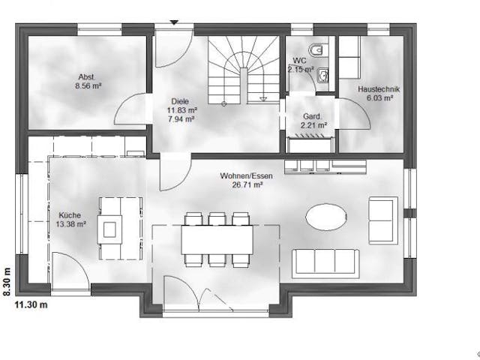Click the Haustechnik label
[x=379, y=88]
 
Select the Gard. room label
[x=312, y=116]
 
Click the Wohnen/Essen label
[x=246, y=175]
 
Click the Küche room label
[x=71, y=214]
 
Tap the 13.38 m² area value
[x=71, y=223]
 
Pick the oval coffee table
[x=327, y=217]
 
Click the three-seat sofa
[x=323, y=260]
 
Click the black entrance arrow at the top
[x=174, y=22]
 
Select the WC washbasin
[x=322, y=74]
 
